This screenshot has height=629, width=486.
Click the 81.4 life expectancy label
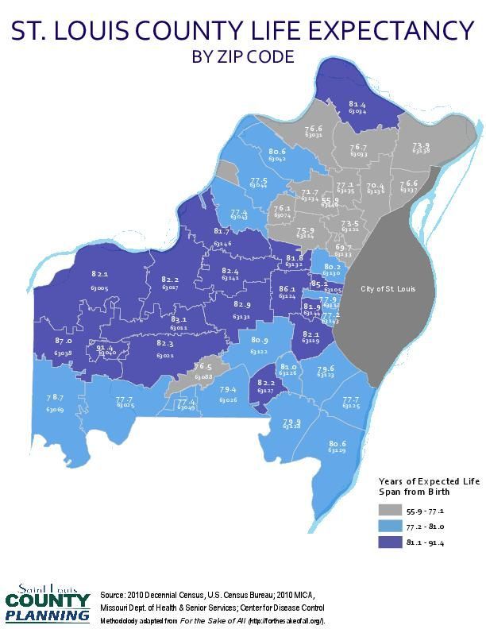(x=357, y=104)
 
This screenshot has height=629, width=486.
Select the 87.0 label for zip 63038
(x=64, y=341)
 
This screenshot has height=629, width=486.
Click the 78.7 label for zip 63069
(x=54, y=397)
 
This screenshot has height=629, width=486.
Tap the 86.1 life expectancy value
(x=287, y=289)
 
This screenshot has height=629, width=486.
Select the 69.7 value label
(x=343, y=248)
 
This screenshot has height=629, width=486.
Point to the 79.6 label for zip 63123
(x=326, y=369)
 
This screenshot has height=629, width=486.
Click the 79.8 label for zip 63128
(x=291, y=422)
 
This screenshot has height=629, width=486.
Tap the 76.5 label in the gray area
(x=202, y=366)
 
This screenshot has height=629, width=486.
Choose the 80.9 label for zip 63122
(x=259, y=341)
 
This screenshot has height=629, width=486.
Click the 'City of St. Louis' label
(x=388, y=288)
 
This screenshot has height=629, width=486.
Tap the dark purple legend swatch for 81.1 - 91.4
(x=389, y=543)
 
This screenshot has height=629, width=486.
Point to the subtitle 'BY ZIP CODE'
(x=243, y=57)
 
